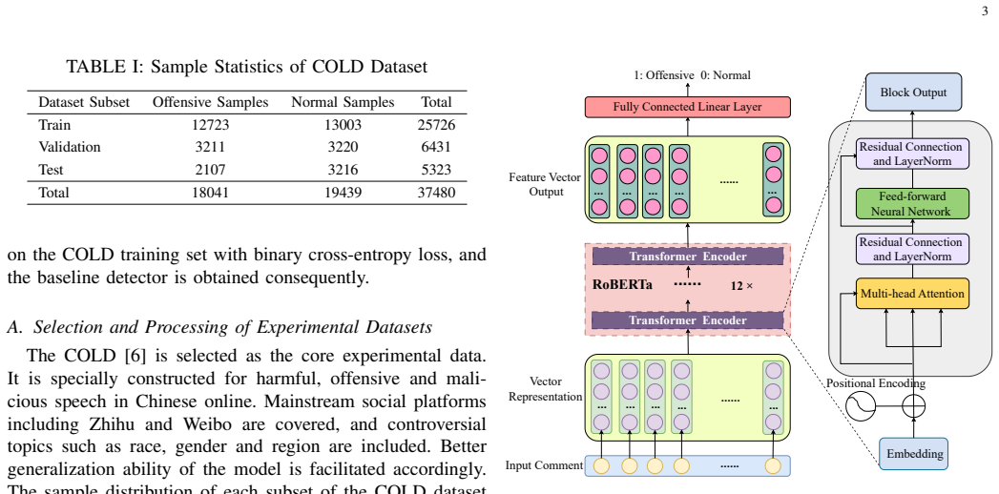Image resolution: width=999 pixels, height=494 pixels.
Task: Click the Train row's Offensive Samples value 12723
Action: (210, 125)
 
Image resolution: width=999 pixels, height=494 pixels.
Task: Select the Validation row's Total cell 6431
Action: (436, 147)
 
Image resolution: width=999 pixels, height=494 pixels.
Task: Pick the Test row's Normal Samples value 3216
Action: (343, 170)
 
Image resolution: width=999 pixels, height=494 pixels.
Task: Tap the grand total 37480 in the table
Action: (436, 193)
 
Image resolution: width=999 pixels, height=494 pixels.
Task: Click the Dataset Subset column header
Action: (84, 102)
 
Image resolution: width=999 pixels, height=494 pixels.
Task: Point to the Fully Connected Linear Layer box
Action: (687, 107)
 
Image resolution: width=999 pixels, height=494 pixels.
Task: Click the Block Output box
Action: (913, 93)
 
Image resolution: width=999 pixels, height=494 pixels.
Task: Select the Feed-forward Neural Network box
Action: (912, 204)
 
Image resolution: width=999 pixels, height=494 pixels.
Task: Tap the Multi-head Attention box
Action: (912, 294)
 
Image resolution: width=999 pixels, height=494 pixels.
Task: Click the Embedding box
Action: (914, 454)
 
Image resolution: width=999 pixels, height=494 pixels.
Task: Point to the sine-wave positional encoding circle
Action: (861, 405)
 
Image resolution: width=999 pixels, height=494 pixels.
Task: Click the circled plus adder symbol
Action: (914, 405)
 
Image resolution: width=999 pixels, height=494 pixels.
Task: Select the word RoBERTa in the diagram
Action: (622, 285)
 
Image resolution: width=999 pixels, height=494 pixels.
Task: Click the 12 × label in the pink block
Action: (741, 286)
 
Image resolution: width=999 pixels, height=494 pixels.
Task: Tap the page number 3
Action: (985, 10)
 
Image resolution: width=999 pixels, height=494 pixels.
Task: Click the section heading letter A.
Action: (12, 327)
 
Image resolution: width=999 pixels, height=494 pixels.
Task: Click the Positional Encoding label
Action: (875, 383)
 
